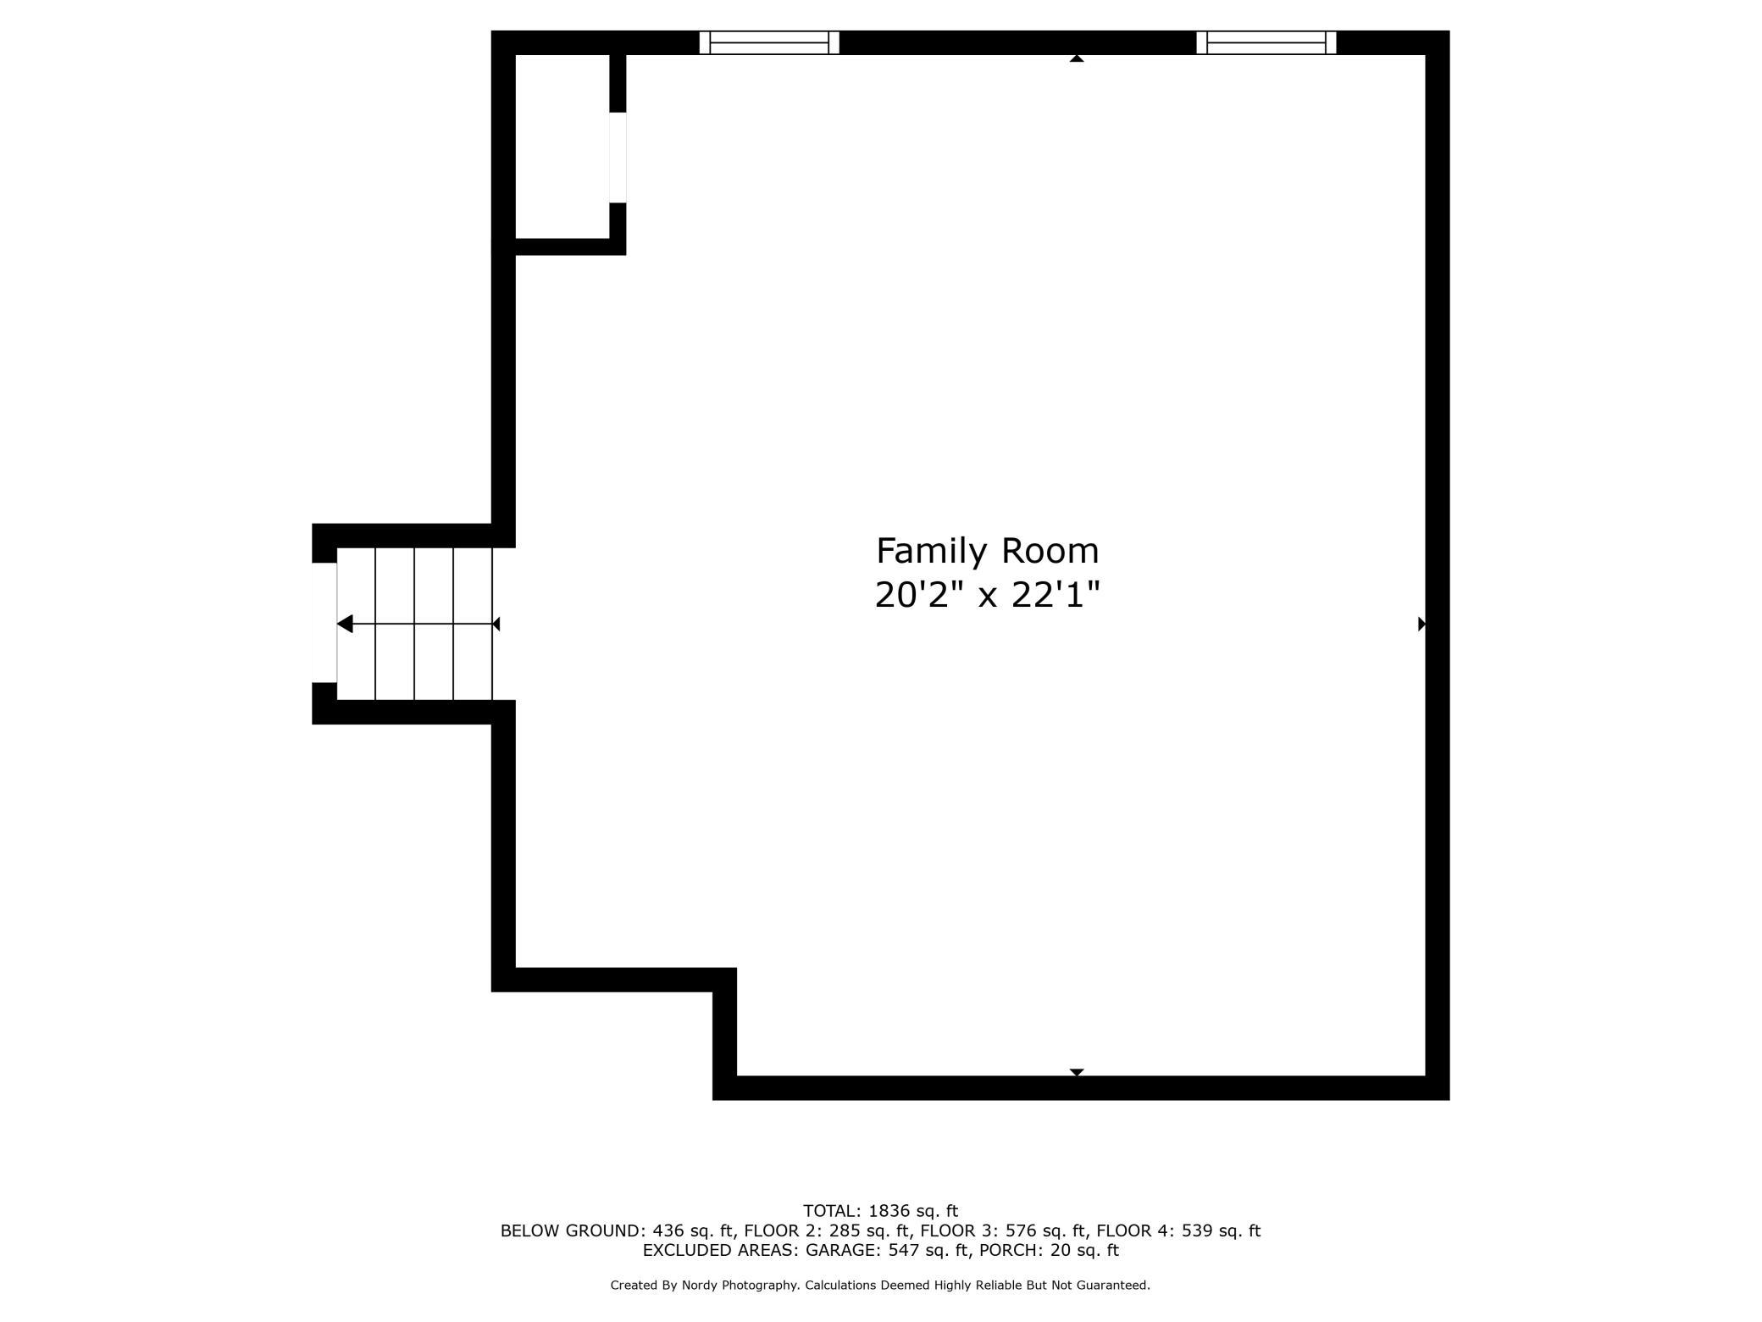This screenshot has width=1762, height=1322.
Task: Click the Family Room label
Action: [x=987, y=552]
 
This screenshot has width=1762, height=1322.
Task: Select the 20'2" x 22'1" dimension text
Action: [x=987, y=595]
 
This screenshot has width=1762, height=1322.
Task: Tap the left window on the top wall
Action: [x=769, y=42]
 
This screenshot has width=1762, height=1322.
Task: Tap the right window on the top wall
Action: [x=1266, y=42]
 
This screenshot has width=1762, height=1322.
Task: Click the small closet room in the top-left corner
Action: [x=562, y=147]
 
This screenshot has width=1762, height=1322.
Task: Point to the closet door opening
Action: [x=618, y=158]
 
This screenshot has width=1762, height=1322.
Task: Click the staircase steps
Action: [x=415, y=624]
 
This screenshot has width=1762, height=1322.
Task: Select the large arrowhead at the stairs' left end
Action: [x=345, y=625]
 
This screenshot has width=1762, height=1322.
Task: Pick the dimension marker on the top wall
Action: [x=1077, y=58]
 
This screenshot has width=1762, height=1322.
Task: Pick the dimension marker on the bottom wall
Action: [x=1077, y=1072]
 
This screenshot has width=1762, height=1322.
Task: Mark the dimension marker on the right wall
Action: [x=1422, y=625]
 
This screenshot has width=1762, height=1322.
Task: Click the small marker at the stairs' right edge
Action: [x=496, y=625]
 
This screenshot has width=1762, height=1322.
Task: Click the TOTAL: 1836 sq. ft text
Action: [x=880, y=1211]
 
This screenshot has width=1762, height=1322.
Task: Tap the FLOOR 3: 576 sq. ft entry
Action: [x=1002, y=1230]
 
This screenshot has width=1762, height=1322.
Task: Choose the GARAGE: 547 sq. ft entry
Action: [x=886, y=1250]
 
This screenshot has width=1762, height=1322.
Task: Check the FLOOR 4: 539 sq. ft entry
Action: [x=1178, y=1230]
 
